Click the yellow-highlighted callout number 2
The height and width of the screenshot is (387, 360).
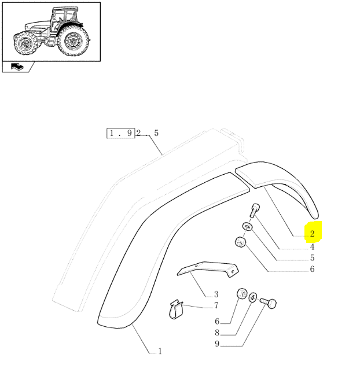click(x=313, y=234)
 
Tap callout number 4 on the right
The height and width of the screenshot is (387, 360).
click(x=313, y=246)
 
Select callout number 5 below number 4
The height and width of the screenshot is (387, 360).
click(x=313, y=258)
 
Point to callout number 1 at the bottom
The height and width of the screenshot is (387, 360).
click(x=160, y=351)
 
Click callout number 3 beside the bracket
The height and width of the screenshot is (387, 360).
click(x=216, y=294)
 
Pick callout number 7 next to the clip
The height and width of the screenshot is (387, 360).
click(x=216, y=305)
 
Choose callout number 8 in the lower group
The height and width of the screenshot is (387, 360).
click(x=217, y=333)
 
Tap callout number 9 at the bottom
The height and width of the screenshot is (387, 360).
click(x=217, y=344)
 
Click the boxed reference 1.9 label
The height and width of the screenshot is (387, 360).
click(x=121, y=133)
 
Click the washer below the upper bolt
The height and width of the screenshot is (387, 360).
click(x=247, y=226)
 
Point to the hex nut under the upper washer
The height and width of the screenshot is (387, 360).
click(x=240, y=242)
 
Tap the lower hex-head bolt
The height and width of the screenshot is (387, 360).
click(x=268, y=303)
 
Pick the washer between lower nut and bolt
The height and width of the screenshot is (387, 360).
click(x=253, y=297)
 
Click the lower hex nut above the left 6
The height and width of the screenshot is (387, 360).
click(x=242, y=294)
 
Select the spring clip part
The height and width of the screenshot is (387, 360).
click(x=176, y=309)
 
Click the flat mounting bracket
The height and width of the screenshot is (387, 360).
click(x=208, y=269)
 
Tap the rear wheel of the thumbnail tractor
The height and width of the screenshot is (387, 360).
click(x=73, y=40)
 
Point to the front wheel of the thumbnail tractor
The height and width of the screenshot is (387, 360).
click(x=25, y=43)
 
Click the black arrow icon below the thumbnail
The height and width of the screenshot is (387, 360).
click(x=17, y=67)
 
